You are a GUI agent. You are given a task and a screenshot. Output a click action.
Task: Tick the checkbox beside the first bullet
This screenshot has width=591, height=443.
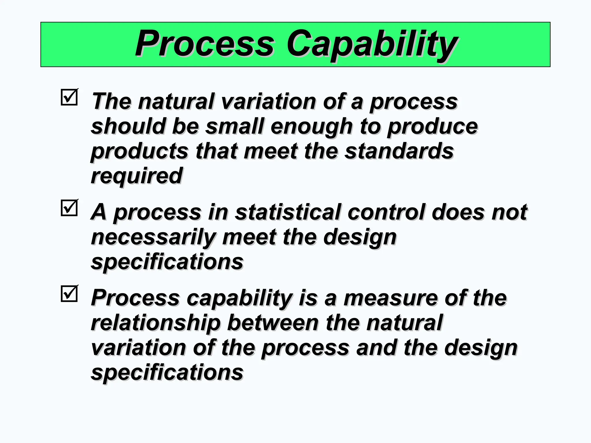click(x=69, y=97)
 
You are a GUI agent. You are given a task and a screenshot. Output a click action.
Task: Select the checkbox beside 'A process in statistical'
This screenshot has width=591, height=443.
click(x=69, y=208)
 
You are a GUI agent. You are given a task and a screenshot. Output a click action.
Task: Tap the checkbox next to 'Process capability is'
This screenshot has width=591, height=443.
click(x=69, y=294)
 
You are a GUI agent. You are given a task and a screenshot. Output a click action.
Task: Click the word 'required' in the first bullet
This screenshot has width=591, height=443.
click(x=136, y=176)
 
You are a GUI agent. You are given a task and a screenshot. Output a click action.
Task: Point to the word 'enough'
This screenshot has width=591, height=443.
click(x=311, y=127)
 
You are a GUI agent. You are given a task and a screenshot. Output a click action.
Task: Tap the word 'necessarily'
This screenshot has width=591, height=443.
click(x=153, y=237)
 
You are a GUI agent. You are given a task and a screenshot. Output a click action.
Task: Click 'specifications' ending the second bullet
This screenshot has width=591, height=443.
click(x=167, y=262)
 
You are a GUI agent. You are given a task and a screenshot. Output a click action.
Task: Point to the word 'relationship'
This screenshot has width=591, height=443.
click(x=156, y=323)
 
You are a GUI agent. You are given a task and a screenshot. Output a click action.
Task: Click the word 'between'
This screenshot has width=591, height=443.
click(x=273, y=323)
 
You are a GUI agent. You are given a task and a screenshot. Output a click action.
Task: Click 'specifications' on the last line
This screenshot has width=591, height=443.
click(x=167, y=372)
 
